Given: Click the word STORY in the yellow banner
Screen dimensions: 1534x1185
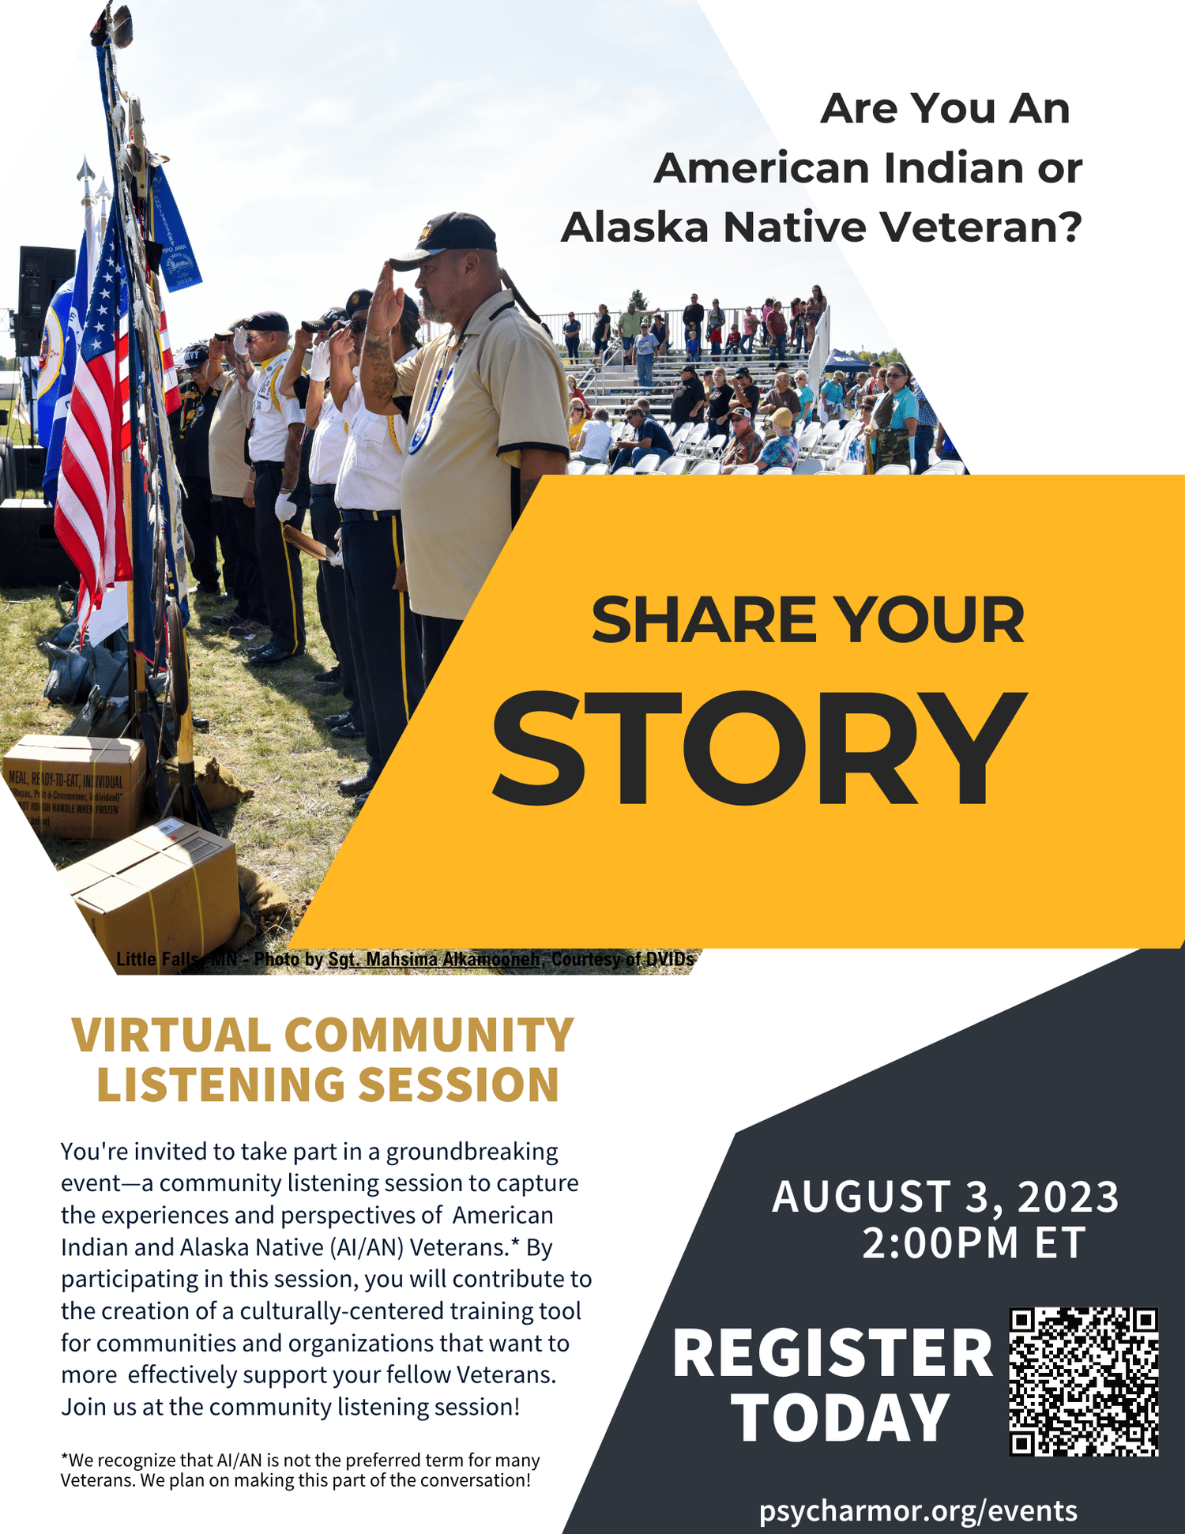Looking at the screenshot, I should [758, 748].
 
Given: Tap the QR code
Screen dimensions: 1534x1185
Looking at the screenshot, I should [1083, 1382].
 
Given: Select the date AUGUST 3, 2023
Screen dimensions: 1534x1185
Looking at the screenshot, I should [946, 1197].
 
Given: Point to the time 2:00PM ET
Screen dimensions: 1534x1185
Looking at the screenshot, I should [974, 1243].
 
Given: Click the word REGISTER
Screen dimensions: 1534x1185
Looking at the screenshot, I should [833, 1354].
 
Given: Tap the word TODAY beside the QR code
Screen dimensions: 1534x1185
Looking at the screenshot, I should [841, 1418].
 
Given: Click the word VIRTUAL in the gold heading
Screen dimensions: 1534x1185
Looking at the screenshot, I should [171, 1036].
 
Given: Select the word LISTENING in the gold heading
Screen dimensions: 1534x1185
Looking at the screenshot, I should [220, 1085].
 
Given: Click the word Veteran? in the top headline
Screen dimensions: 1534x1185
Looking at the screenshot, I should [980, 227].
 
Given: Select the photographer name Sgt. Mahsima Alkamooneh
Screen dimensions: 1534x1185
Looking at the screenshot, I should [434, 959].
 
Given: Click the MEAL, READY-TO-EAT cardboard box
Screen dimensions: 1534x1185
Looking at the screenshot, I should [75, 786].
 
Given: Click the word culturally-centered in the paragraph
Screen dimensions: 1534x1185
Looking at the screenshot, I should [342, 1310].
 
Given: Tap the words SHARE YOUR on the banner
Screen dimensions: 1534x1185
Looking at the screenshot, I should [807, 620].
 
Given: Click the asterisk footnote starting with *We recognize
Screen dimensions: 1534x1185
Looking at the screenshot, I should [300, 1470].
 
